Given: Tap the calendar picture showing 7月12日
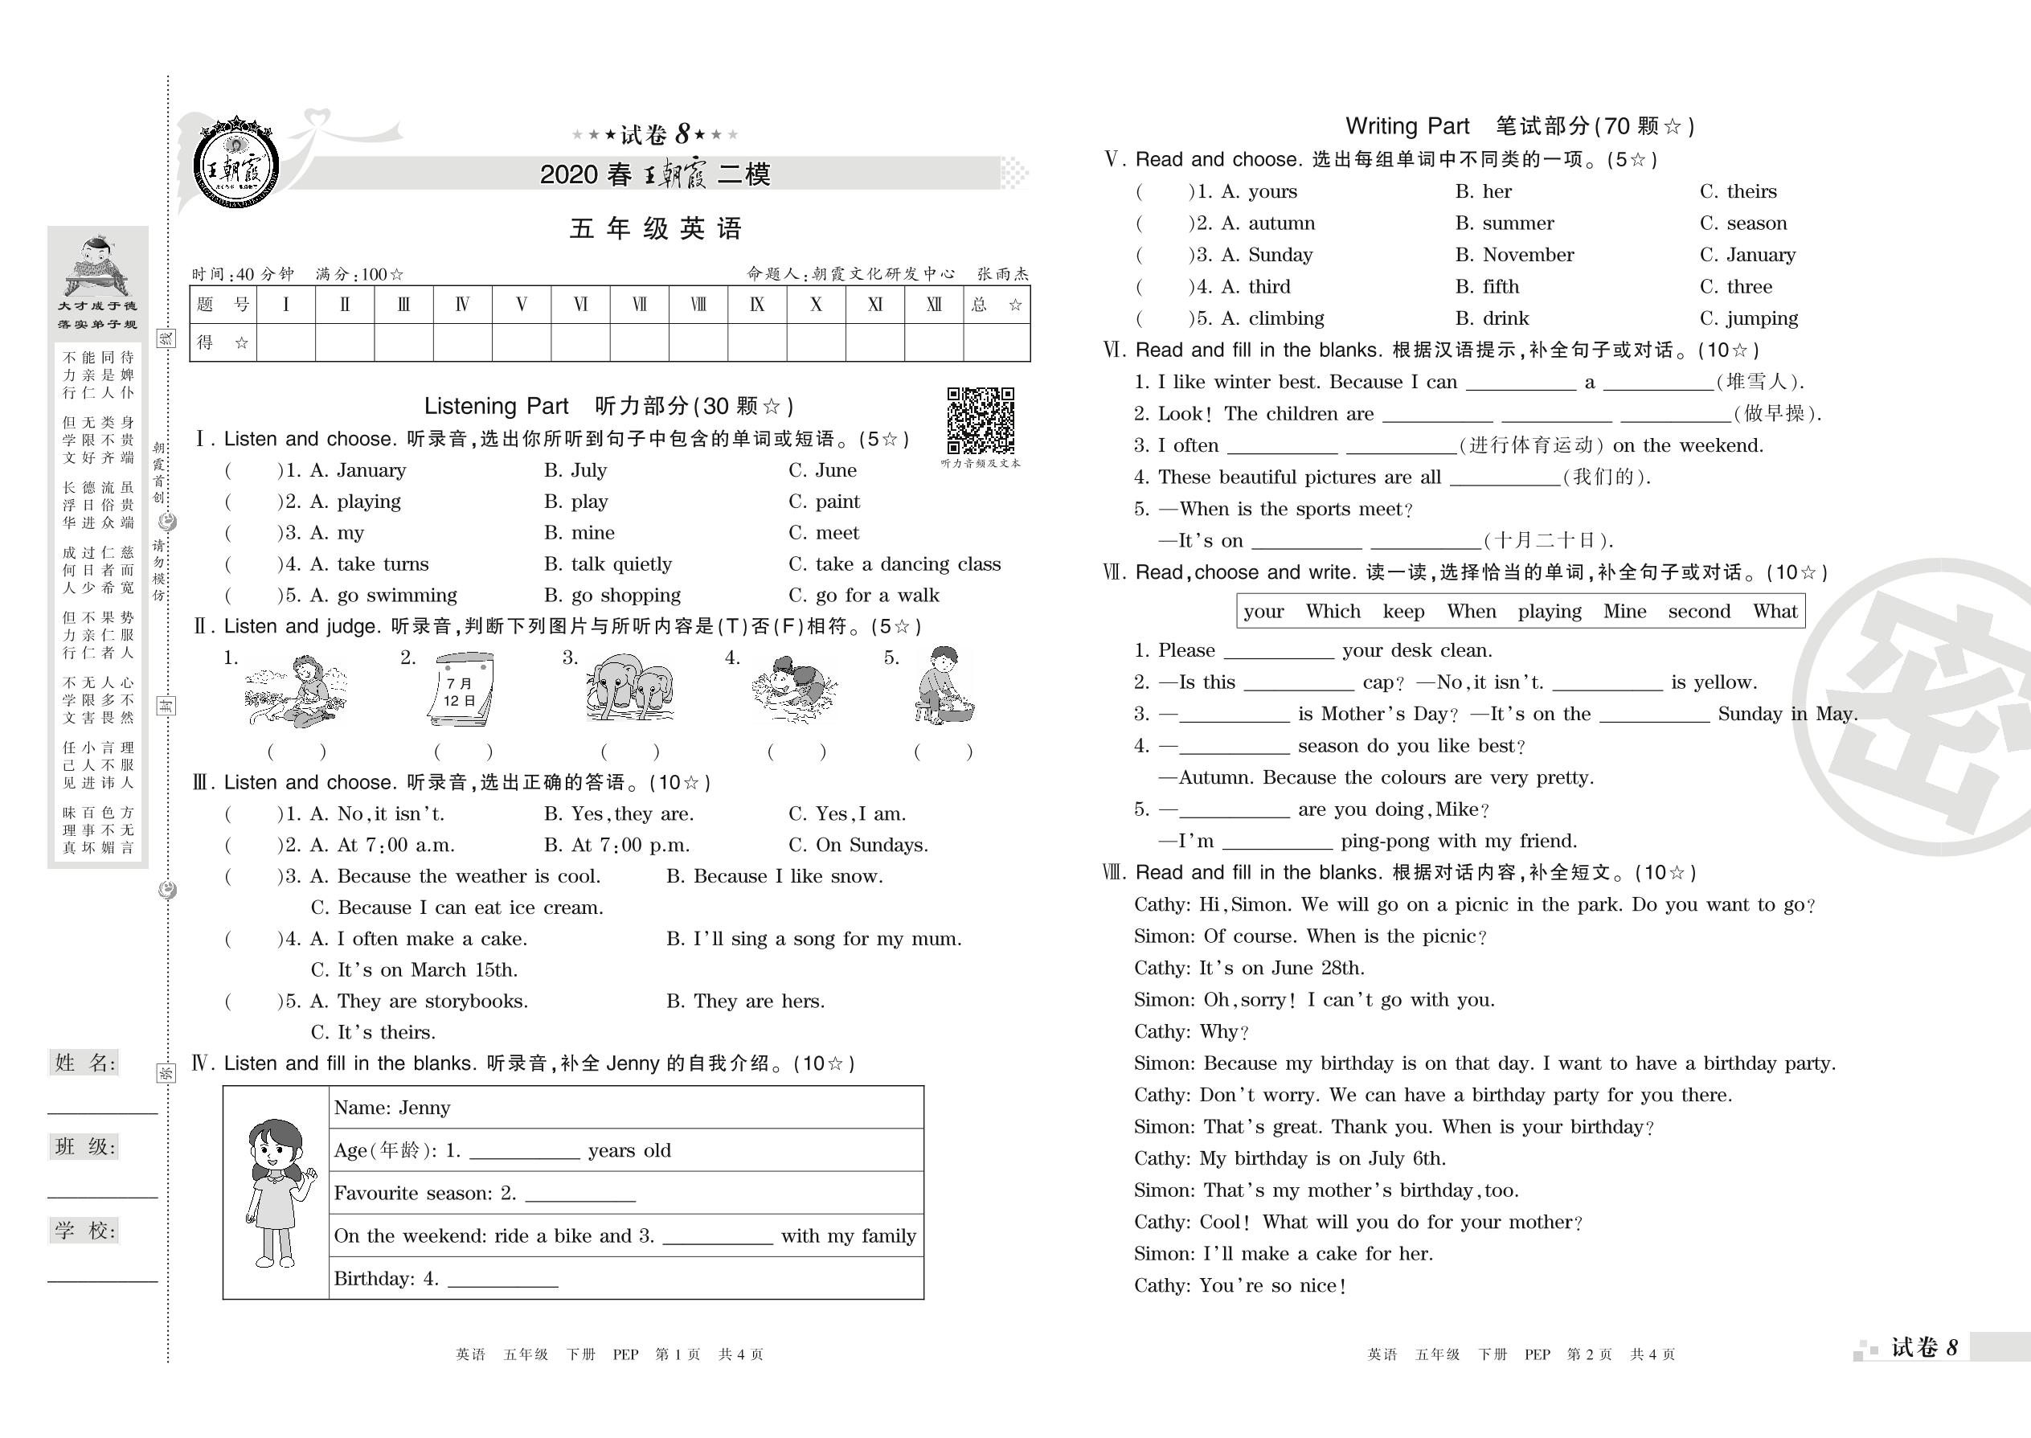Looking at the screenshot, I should pyautogui.click(x=461, y=690).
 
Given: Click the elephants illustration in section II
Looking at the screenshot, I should pyautogui.click(x=629, y=689).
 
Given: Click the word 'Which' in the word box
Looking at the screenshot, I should pyautogui.click(x=1333, y=612).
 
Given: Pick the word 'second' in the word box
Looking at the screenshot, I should pyautogui.click(x=1698, y=612).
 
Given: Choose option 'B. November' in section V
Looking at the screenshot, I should pyautogui.click(x=1515, y=255).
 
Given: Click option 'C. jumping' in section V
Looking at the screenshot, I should pyautogui.click(x=1749, y=319).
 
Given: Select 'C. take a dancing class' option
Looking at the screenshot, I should pyautogui.click(x=895, y=564).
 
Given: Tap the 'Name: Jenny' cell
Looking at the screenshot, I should pyautogui.click(x=392, y=1108).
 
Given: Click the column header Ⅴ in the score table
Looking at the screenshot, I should pyautogui.click(x=522, y=305).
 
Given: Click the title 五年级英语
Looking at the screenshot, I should pyautogui.click(x=655, y=229).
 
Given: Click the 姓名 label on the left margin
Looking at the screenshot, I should pyautogui.click(x=85, y=1063).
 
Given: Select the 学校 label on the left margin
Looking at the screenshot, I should pyautogui.click(x=85, y=1230).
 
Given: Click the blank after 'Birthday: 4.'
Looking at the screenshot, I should pyautogui.click(x=503, y=1280).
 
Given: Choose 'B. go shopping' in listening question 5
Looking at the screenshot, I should pyautogui.click(x=612, y=596).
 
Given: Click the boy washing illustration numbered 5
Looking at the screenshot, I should pyautogui.click(x=944, y=687).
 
